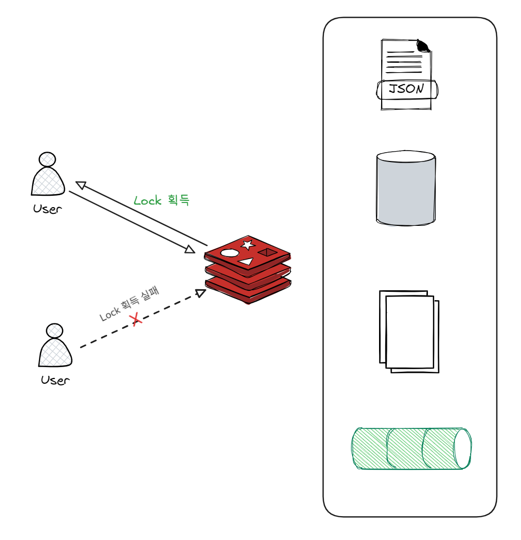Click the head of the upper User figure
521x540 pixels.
47,159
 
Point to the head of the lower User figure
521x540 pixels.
54,330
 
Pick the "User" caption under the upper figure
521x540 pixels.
48,210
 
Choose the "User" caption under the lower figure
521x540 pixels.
55,380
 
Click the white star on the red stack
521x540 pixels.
248,245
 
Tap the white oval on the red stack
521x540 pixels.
230,253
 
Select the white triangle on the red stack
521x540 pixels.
246,261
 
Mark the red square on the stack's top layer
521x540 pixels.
267,252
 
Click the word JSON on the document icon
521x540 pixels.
406,89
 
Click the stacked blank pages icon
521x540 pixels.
409,331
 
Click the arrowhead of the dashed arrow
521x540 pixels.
201,293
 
